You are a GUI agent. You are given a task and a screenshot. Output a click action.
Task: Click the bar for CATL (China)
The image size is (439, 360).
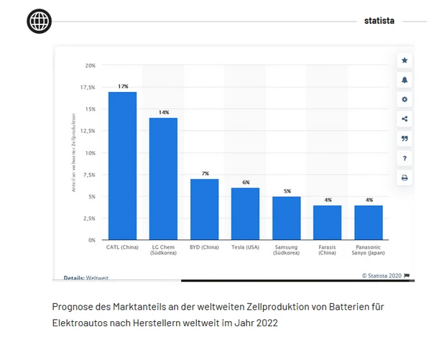[x=122, y=165]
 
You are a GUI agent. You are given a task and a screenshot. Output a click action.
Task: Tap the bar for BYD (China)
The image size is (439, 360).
[x=204, y=209]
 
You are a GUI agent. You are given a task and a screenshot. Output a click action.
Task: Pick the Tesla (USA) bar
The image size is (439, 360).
[x=245, y=213]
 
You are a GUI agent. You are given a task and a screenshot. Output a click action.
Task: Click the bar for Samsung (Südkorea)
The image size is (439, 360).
[x=286, y=218]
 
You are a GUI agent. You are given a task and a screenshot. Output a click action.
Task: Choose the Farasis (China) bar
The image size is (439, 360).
[x=327, y=222]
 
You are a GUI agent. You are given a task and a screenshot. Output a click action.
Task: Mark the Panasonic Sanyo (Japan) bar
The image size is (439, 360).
[x=369, y=222]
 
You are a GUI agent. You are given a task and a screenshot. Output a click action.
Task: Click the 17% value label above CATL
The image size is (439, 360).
[x=123, y=86]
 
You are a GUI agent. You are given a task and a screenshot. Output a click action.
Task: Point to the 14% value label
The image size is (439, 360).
[x=164, y=112]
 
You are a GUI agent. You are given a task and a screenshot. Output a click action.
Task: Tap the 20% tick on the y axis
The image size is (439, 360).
[x=90, y=65]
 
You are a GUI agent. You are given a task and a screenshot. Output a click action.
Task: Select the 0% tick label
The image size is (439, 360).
[x=91, y=239]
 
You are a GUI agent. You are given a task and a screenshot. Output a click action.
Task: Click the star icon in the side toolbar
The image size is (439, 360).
[x=405, y=60]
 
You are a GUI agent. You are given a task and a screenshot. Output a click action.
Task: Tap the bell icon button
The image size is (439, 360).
[x=405, y=80]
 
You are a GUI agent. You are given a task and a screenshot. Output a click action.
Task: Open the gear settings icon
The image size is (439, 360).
[x=405, y=99]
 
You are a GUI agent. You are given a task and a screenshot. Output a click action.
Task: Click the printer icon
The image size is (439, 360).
[x=405, y=177]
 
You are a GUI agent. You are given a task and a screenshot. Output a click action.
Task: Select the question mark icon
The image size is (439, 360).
[x=405, y=157]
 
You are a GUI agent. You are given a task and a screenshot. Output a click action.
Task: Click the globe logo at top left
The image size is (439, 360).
[x=40, y=22]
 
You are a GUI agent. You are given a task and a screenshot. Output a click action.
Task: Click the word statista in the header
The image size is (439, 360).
[x=379, y=21]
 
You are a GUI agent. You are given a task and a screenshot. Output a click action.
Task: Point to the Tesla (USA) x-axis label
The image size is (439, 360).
[x=245, y=247]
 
